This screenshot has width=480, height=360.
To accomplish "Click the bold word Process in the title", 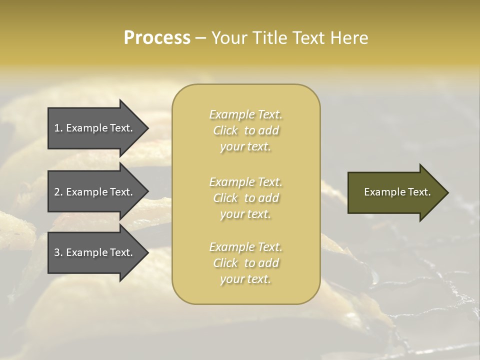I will coord(157,38).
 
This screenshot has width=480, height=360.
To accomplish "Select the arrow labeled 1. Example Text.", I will coord(93,128).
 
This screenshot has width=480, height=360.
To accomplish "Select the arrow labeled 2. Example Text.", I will coord(93,192).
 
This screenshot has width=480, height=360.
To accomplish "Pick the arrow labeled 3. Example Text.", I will coord(93,252).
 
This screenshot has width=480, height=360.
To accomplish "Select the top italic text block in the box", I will coord(245,130).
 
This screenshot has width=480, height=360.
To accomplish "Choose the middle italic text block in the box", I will coord(245,198).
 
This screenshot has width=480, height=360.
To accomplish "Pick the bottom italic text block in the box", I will coord(245,263).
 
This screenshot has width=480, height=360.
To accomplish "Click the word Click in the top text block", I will coord(225,131).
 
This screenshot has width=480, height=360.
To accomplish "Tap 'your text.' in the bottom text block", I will coord(245,279).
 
